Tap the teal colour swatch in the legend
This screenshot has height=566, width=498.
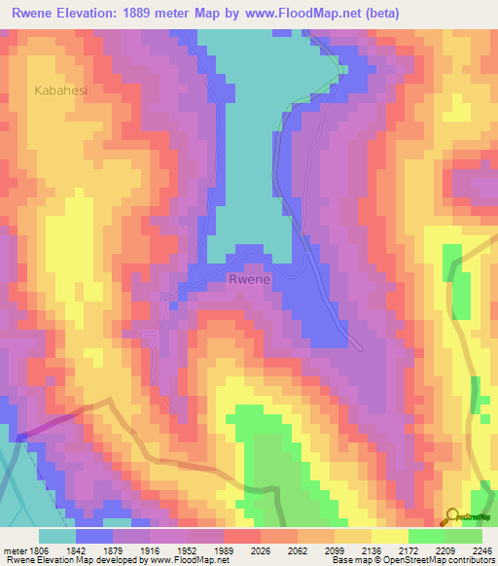pyautogui.click(x=57, y=535)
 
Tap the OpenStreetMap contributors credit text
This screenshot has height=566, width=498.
pyautogui.click(x=439, y=560)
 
